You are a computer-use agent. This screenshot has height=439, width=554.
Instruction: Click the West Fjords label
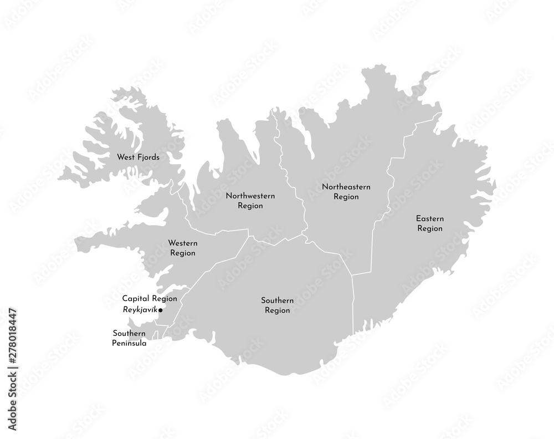(x=138, y=157)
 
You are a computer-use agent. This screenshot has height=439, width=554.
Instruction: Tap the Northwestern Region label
(x=250, y=201)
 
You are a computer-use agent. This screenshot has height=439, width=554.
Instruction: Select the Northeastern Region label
(x=346, y=192)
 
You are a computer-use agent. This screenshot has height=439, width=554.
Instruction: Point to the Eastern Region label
(x=429, y=223)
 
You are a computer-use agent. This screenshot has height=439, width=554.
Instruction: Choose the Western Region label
(x=183, y=248)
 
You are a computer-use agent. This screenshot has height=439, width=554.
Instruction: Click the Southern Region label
(x=278, y=305)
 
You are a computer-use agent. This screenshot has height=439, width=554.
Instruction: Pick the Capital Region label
(x=150, y=298)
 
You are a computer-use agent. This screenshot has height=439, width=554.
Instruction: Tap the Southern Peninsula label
(x=130, y=338)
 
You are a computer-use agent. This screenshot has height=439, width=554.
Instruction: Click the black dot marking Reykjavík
(x=160, y=310)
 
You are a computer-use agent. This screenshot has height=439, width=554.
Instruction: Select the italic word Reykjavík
(x=140, y=310)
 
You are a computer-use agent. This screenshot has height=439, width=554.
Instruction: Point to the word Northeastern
(x=346, y=187)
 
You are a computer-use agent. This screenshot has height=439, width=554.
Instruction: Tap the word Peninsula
(x=130, y=343)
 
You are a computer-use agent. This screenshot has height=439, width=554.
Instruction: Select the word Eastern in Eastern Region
(x=429, y=218)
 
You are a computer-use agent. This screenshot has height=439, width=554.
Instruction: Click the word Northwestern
(x=250, y=196)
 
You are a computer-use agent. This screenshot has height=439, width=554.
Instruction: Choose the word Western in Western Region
(x=183, y=243)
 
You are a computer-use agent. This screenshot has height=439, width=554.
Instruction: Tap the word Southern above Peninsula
(x=129, y=333)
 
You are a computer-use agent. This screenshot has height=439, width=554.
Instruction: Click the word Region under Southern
(x=278, y=310)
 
